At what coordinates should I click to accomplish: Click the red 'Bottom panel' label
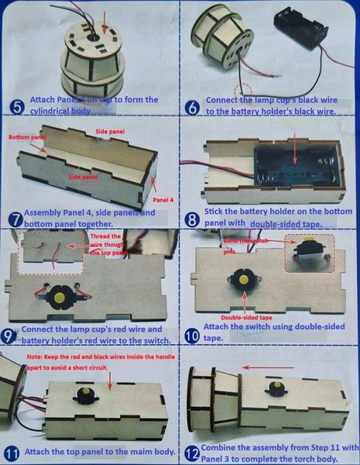[x=27, y=138]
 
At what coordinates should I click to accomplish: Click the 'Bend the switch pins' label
[x=241, y=245]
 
